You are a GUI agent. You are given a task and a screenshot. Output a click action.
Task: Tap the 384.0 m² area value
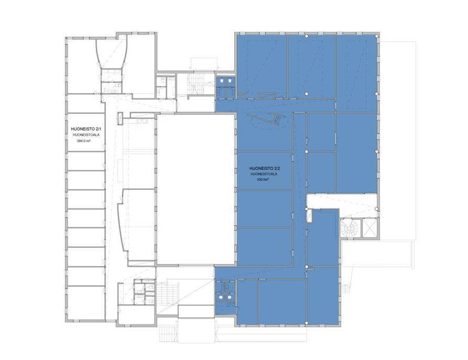click(83, 141)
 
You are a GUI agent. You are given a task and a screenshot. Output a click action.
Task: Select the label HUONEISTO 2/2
click(265, 169)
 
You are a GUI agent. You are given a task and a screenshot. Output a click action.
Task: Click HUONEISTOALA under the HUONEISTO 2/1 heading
click(86, 135)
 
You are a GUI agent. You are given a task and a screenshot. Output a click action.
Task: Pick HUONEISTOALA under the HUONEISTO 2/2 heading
click(264, 174)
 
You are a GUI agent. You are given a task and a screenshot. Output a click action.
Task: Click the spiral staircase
click(350, 228)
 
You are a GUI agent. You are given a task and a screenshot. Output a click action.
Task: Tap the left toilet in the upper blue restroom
click(222, 81)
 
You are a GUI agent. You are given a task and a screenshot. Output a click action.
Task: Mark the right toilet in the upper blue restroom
click(230, 81)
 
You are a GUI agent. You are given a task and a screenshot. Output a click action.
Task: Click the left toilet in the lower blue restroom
click(221, 297)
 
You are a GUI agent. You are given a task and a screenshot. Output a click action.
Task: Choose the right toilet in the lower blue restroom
click(229, 297)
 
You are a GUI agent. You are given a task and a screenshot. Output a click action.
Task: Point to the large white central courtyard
click(195, 189)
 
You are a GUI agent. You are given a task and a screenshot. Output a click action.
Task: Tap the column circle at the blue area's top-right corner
click(377, 36)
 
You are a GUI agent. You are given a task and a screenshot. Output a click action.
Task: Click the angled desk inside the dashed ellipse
click(270, 119)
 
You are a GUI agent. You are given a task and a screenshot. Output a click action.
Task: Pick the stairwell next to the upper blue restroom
click(196, 84)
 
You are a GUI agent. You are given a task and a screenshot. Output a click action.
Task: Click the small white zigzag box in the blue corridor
click(310, 215)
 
